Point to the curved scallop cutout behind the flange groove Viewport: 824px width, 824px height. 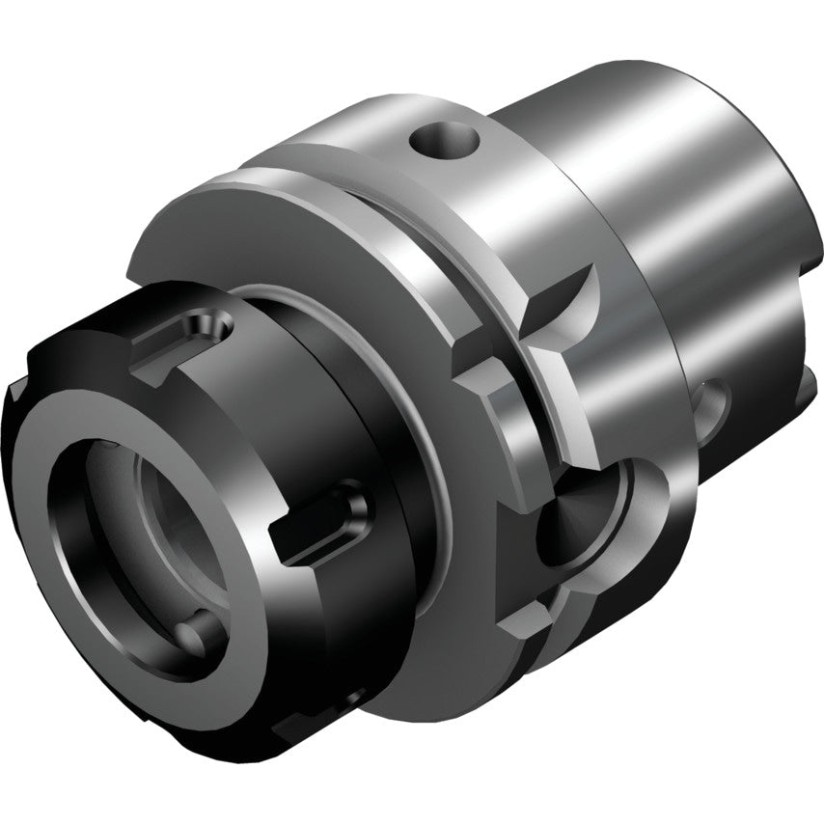point(569,299)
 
